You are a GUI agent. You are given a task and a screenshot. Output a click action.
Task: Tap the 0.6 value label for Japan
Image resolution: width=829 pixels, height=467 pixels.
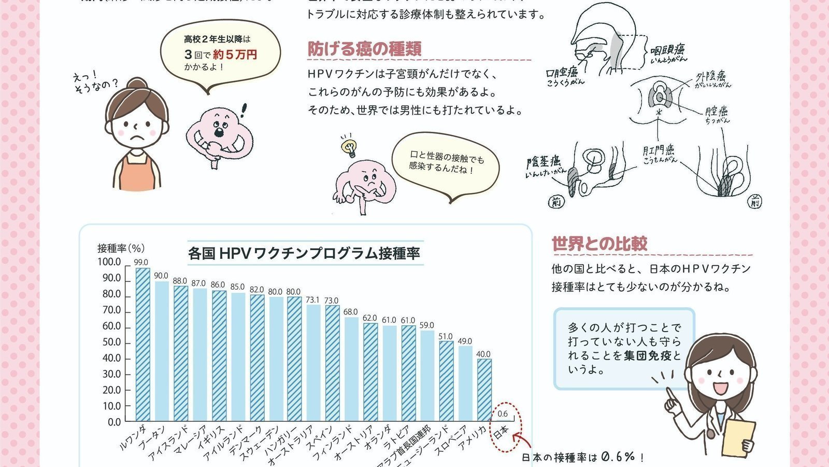[502, 414]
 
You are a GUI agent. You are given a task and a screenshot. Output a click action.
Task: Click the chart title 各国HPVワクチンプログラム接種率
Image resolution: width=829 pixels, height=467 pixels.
[304, 253]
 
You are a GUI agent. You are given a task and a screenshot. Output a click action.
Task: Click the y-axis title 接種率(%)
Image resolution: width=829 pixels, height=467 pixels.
[121, 248]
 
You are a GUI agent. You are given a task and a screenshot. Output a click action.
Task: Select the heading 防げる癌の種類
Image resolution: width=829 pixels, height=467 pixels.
[364, 49]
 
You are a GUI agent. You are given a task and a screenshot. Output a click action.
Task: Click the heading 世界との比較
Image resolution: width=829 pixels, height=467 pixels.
[599, 243]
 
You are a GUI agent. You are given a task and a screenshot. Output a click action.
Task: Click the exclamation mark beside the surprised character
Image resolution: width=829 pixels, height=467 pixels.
[244, 110]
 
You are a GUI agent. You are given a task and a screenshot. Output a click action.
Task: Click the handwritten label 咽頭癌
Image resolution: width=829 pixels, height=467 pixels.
[668, 50]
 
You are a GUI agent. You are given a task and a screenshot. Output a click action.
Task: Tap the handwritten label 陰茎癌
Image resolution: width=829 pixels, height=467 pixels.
[544, 161]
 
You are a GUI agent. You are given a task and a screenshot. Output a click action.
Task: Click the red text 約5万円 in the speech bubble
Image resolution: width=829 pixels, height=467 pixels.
[235, 54]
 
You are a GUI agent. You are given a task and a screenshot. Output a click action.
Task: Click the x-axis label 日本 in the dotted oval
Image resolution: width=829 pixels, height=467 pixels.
[501, 433]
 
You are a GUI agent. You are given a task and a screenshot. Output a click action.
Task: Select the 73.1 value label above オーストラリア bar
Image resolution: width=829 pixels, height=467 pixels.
[312, 300]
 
